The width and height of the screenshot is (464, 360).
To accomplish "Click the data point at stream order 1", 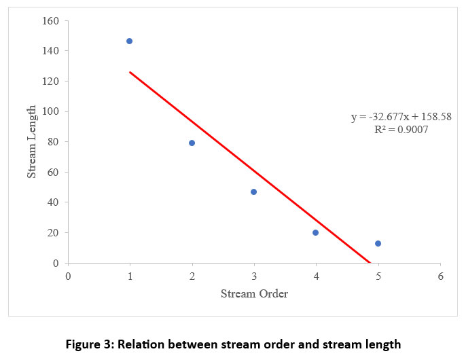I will pos(129,41).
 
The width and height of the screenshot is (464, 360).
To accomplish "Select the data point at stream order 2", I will pos(192,143).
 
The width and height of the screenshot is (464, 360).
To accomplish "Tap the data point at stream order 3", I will pos(253,192).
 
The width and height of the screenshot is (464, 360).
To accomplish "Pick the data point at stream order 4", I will pos(315,232).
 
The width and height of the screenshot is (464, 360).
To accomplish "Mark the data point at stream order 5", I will pos(378,243).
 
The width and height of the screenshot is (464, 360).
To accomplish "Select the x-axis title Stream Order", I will pos(254,294).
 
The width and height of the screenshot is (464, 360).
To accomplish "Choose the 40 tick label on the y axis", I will pos(54,202).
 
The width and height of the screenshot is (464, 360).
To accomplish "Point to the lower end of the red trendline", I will pos(369,262).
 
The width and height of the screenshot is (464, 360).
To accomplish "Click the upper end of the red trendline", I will pos(130,72).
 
